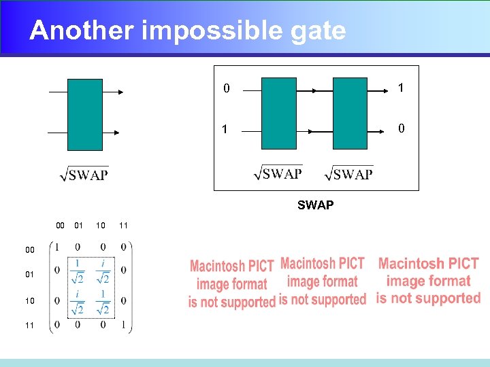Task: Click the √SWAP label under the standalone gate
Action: [x=84, y=175]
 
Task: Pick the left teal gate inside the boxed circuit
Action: [x=279, y=113]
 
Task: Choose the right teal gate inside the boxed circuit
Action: [x=350, y=113]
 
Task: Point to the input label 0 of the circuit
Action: [x=227, y=89]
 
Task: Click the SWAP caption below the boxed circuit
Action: [x=315, y=205]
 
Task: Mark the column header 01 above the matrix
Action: [x=78, y=226]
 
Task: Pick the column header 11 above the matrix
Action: [x=123, y=226]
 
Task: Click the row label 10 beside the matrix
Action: [x=30, y=300]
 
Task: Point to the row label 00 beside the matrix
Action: [x=30, y=250]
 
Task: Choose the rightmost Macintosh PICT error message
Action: [x=429, y=280]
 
